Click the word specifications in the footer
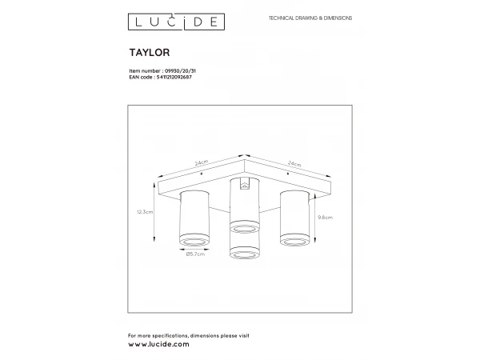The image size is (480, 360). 170,334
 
